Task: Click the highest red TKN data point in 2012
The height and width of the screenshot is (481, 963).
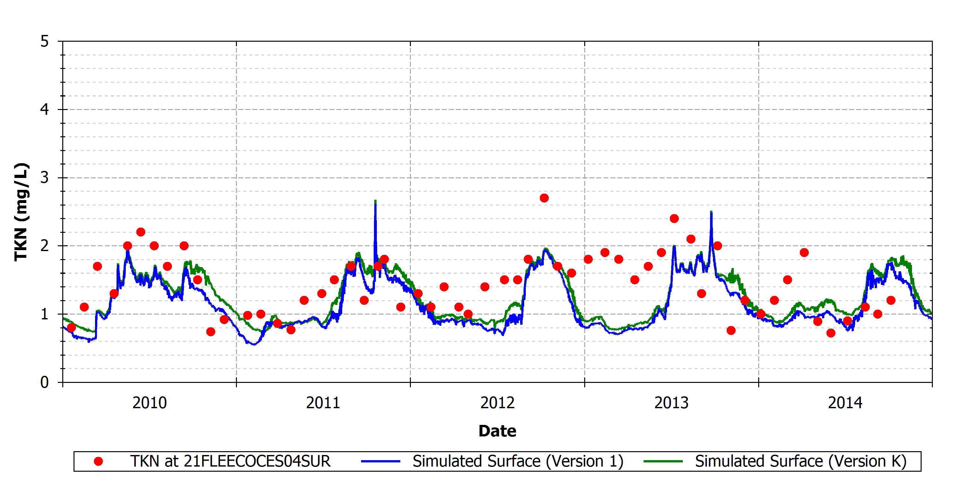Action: (544, 198)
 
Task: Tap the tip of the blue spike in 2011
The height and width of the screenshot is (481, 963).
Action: (375, 200)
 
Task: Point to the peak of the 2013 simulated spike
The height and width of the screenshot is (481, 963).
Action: (711, 212)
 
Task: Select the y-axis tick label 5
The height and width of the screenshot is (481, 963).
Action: (45, 41)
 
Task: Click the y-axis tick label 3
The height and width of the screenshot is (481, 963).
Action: (45, 178)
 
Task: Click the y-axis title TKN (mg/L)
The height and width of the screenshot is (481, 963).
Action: (21, 212)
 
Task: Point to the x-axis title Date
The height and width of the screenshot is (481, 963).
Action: (498, 431)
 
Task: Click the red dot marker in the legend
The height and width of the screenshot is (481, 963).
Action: (98, 461)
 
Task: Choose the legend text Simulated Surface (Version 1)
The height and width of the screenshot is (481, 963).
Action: (518, 461)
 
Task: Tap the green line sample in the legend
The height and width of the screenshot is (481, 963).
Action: (663, 461)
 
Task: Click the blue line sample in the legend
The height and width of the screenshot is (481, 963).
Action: (381, 461)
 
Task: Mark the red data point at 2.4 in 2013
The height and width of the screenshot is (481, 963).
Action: (674, 218)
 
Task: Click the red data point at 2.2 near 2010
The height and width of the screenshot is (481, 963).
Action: (141, 232)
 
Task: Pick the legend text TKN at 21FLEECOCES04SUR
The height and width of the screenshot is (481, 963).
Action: (230, 461)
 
